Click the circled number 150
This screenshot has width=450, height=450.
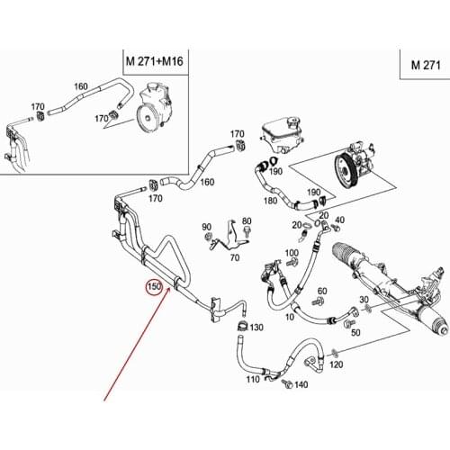pyautogui.click(x=154, y=287)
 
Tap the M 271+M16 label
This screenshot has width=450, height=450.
pyautogui.click(x=155, y=61)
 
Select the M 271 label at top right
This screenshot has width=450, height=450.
pyautogui.click(x=426, y=65)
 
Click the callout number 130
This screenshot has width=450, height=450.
pyautogui.click(x=256, y=328)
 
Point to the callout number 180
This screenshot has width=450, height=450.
pyautogui.click(x=270, y=201)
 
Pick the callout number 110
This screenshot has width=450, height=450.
pyautogui.click(x=253, y=379)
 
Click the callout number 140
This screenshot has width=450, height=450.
pyautogui.click(x=301, y=384)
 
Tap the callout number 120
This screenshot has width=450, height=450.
pyautogui.click(x=337, y=364)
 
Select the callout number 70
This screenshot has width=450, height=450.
pyautogui.click(x=235, y=257)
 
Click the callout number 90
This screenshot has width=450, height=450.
pyautogui.click(x=207, y=227)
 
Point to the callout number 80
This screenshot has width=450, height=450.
pyautogui.click(x=247, y=220)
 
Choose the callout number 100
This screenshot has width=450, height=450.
pyautogui.click(x=292, y=253)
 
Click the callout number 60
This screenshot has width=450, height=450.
pyautogui.click(x=322, y=291)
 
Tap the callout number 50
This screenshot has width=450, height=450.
pyautogui.click(x=355, y=332)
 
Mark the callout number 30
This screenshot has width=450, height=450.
pyautogui.click(x=364, y=300)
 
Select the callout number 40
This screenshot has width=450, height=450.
pyautogui.click(x=339, y=220)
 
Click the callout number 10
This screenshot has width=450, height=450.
pyautogui.click(x=290, y=317)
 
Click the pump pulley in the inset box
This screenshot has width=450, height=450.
pyautogui.click(x=148, y=117)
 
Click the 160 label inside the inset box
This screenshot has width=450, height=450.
pyautogui.click(x=81, y=86)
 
